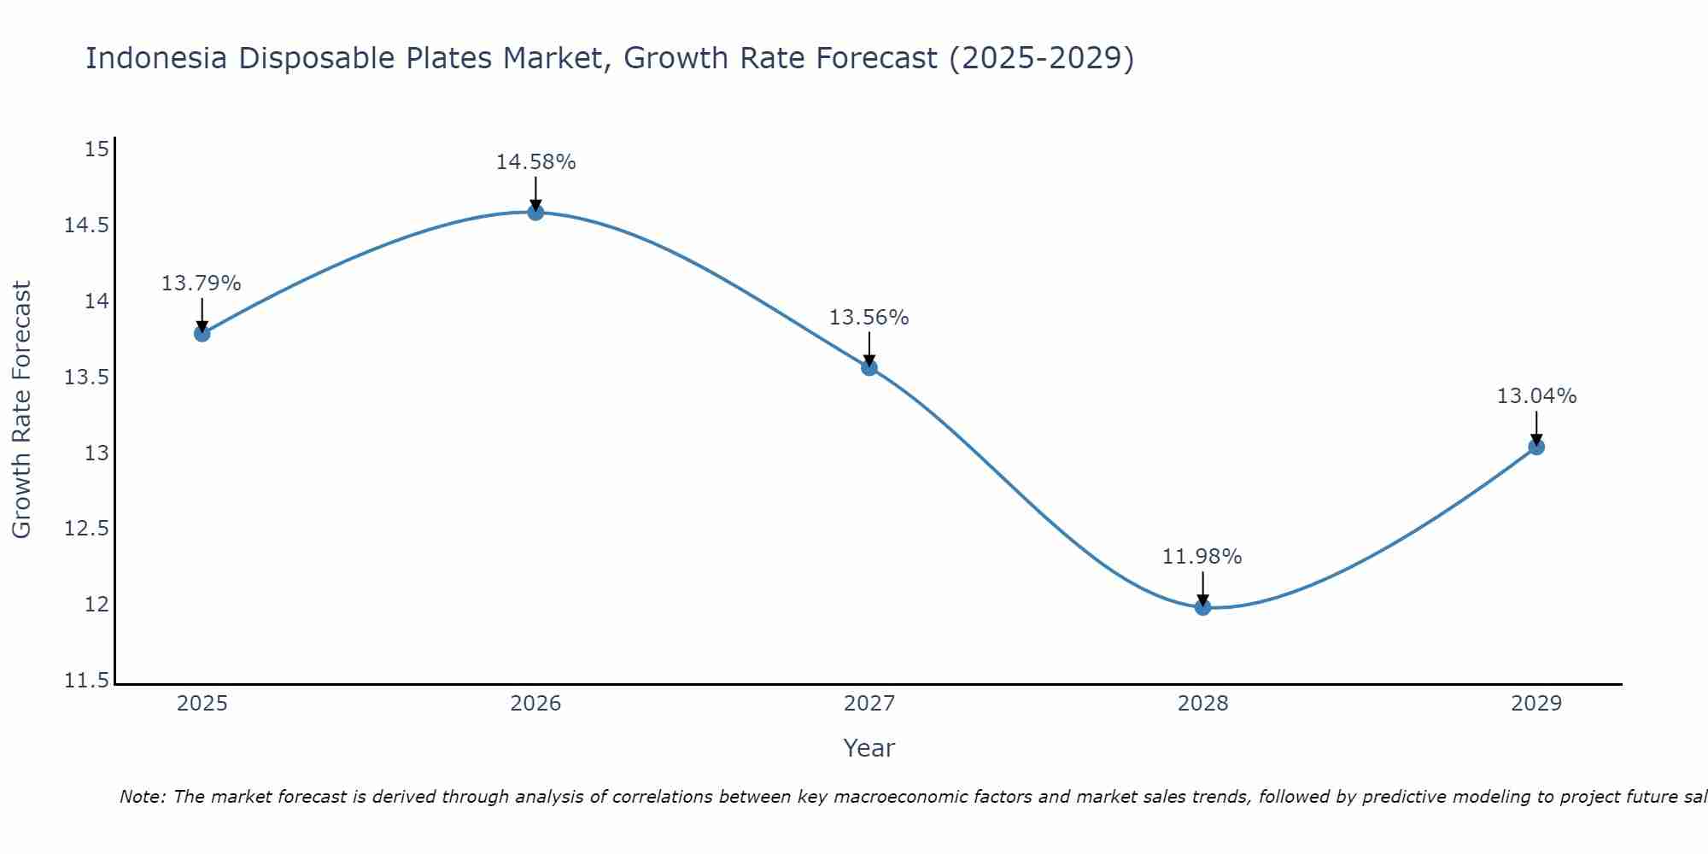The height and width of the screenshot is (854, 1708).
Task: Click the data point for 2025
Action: (x=202, y=333)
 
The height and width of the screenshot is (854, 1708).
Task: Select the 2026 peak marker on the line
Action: (x=535, y=212)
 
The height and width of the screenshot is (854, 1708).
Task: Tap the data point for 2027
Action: (x=869, y=368)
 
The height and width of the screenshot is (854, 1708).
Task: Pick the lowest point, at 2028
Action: (x=1202, y=607)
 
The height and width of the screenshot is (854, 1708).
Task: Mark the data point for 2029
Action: (x=1536, y=447)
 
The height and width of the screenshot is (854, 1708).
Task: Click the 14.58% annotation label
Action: (x=535, y=162)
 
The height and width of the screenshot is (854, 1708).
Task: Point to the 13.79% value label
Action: (x=202, y=284)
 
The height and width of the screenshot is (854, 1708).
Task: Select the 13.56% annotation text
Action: (x=869, y=318)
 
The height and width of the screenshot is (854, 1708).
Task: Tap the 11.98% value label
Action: (x=1202, y=557)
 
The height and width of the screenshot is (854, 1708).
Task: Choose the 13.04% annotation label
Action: (x=1536, y=396)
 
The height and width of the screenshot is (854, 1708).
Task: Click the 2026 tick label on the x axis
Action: (x=535, y=704)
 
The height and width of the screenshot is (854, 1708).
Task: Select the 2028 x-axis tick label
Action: (x=1202, y=704)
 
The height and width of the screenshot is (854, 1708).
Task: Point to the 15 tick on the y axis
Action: (x=97, y=150)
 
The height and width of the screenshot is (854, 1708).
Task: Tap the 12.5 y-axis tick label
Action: (x=86, y=529)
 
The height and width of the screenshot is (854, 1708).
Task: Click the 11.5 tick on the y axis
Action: (x=86, y=681)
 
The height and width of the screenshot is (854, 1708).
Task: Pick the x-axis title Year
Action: (x=869, y=748)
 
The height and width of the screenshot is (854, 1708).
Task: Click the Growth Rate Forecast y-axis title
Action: (x=21, y=410)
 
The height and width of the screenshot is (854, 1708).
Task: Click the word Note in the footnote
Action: (x=142, y=797)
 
